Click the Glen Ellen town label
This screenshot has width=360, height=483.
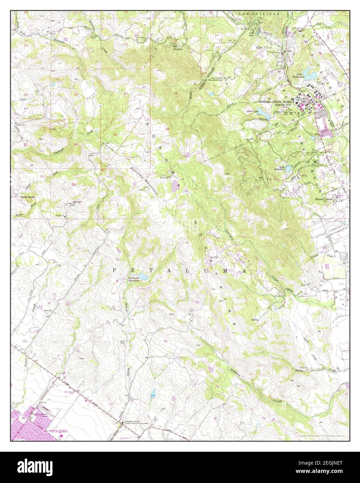[x=264, y=47]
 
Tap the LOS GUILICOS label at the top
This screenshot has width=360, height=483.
[x=254, y=14]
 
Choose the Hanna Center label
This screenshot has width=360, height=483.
[x=324, y=199]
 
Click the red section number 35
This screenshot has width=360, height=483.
[x=74, y=184]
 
